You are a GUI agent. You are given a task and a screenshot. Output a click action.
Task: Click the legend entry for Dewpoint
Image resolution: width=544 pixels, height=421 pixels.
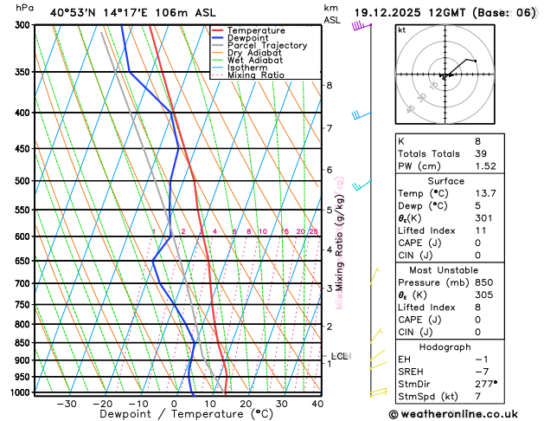click(250, 38)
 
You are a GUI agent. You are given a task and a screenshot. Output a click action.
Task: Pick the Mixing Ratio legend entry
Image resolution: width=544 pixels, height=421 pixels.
click(255, 75)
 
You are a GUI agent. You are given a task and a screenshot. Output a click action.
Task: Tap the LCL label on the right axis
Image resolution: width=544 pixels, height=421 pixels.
click(339, 356)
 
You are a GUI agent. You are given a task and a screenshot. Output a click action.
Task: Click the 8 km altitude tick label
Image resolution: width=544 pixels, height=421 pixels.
click(329, 85)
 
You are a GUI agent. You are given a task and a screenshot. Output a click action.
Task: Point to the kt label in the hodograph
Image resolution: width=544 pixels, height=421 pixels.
click(401, 30)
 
